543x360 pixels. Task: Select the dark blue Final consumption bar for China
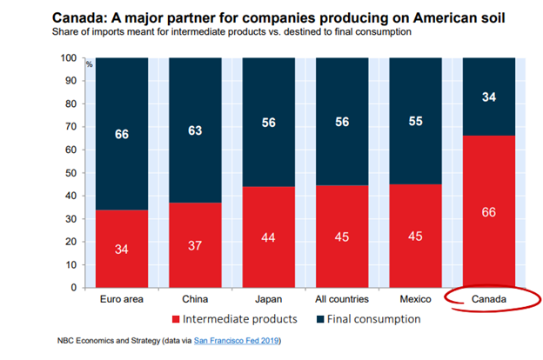195,131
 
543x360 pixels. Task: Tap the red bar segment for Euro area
120,249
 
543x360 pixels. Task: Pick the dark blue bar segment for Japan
270,122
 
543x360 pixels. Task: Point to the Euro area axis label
120,299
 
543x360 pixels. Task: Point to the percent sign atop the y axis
89,63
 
